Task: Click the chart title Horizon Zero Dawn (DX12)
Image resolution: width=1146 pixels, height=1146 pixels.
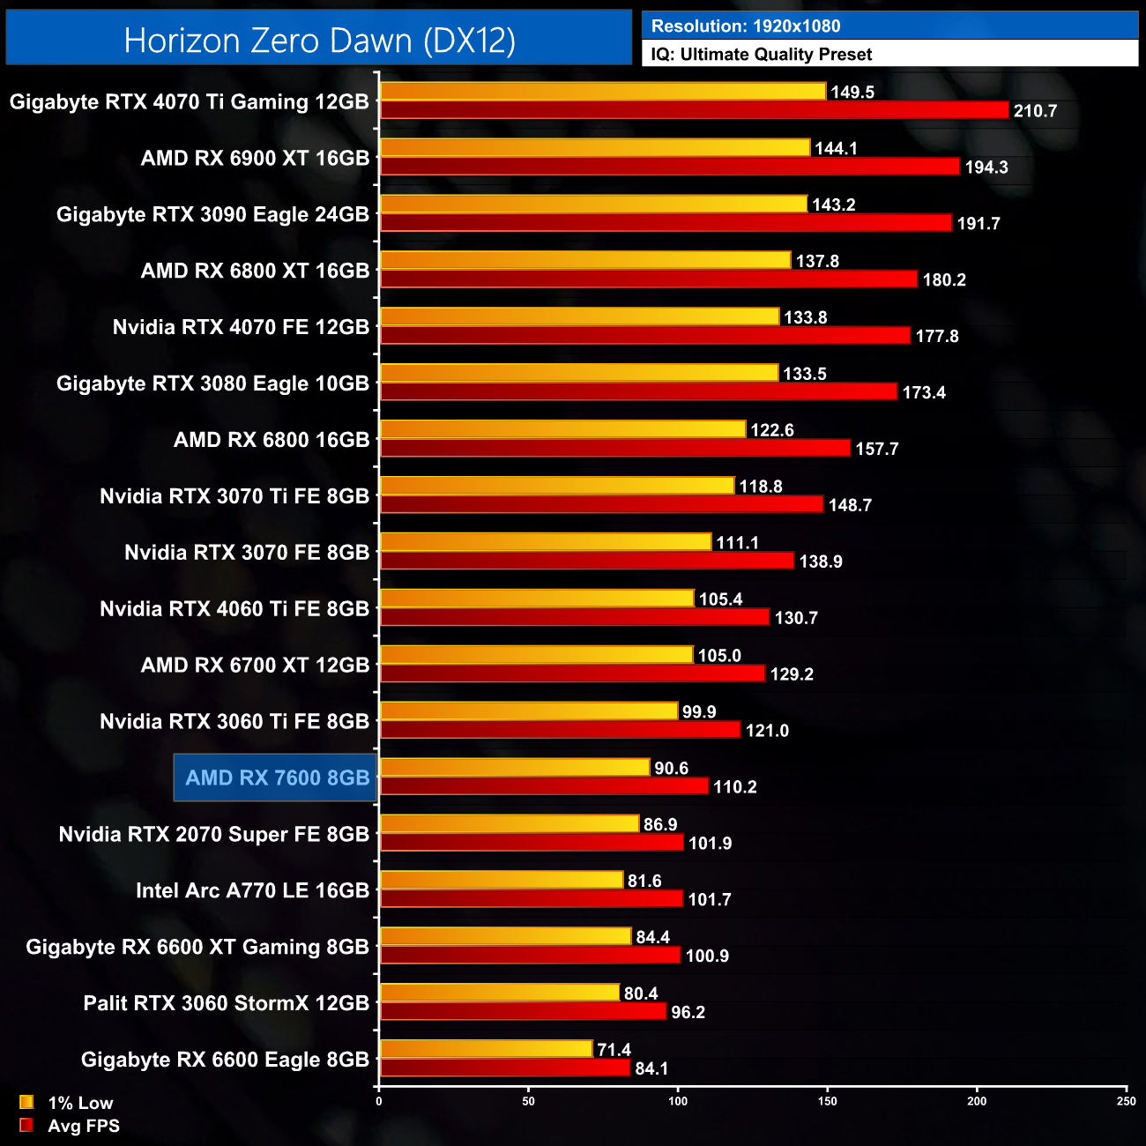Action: point(319,41)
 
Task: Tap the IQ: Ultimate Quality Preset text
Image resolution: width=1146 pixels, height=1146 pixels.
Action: point(762,55)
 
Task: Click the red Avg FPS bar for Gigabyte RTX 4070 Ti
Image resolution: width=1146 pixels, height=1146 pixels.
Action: point(694,110)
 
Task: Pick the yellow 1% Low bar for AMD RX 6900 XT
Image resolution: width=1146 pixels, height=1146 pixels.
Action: point(595,148)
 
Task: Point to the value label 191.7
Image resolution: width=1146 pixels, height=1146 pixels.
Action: point(979,224)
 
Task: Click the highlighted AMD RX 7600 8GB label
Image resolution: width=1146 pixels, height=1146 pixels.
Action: point(277,778)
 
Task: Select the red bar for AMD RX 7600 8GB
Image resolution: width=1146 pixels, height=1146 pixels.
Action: point(544,786)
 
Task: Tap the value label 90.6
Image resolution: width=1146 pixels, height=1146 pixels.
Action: point(671,769)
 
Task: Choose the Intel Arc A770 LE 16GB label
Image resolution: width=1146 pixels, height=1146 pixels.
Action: point(252,890)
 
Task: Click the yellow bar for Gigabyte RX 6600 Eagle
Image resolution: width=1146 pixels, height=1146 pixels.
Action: point(486,1049)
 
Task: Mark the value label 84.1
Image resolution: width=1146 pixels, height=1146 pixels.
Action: point(651,1068)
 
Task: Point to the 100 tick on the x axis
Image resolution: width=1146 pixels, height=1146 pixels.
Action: point(678,1100)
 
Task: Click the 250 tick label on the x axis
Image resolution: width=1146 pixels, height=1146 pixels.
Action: point(1126,1100)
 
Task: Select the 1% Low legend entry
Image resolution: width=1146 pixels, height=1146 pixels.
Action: point(79,1103)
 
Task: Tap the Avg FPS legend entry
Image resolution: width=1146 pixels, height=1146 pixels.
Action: point(83,1126)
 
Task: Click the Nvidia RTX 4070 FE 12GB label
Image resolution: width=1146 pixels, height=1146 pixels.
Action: point(241,327)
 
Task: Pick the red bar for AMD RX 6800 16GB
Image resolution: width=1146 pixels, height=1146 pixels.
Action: point(614,449)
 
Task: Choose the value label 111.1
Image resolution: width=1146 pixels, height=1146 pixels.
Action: point(737,543)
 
